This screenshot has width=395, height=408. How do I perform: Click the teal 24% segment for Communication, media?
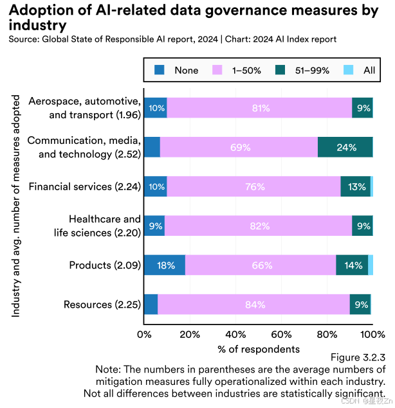345,147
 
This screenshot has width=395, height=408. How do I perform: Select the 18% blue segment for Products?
165,265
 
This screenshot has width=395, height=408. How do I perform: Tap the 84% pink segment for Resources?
253,305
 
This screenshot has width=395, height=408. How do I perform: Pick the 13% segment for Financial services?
355,187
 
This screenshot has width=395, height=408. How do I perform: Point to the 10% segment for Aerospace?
156,108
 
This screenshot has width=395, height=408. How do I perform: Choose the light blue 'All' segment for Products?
371,265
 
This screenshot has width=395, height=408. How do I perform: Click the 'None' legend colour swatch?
160,70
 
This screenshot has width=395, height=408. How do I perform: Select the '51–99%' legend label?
313,70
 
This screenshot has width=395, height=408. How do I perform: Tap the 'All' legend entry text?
369,70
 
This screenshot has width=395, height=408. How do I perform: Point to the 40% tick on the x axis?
235,334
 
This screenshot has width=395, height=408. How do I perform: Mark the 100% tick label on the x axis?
372,334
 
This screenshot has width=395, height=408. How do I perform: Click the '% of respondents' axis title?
258,349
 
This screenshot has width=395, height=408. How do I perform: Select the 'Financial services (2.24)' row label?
84,187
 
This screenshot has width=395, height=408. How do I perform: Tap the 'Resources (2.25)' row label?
102,305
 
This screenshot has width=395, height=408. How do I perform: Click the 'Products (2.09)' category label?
105,265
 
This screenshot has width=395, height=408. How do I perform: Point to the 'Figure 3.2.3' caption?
358,357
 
